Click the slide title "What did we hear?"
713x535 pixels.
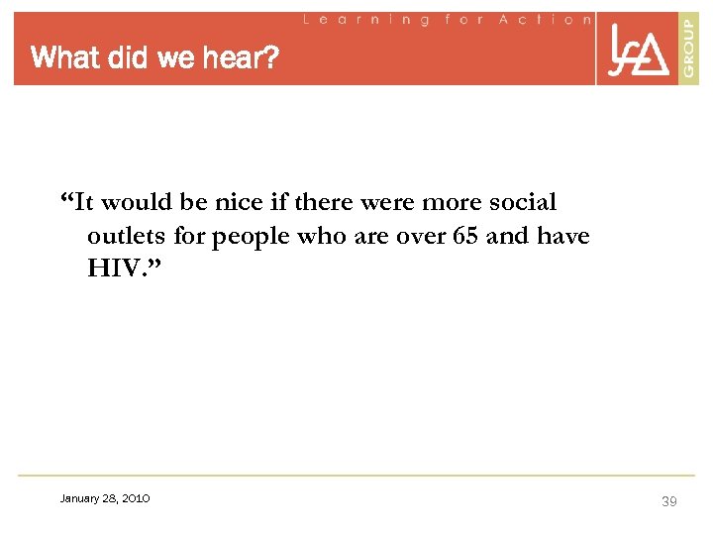[x=155, y=58]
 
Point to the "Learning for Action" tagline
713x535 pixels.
[x=446, y=19]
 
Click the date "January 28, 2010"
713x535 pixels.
[x=105, y=498]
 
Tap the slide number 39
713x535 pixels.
[x=668, y=502]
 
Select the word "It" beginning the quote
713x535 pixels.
[x=83, y=203]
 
